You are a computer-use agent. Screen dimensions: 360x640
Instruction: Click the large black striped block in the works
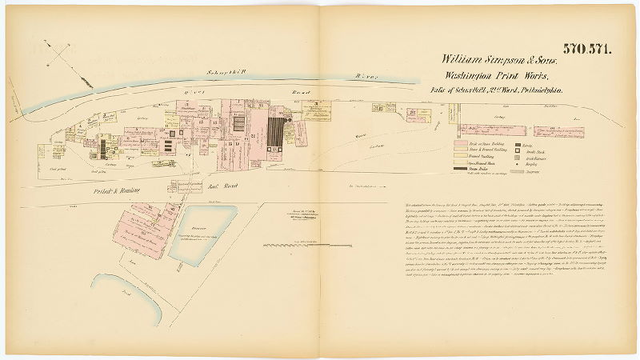(277, 132)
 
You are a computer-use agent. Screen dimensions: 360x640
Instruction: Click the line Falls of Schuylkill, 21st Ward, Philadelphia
(497, 90)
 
